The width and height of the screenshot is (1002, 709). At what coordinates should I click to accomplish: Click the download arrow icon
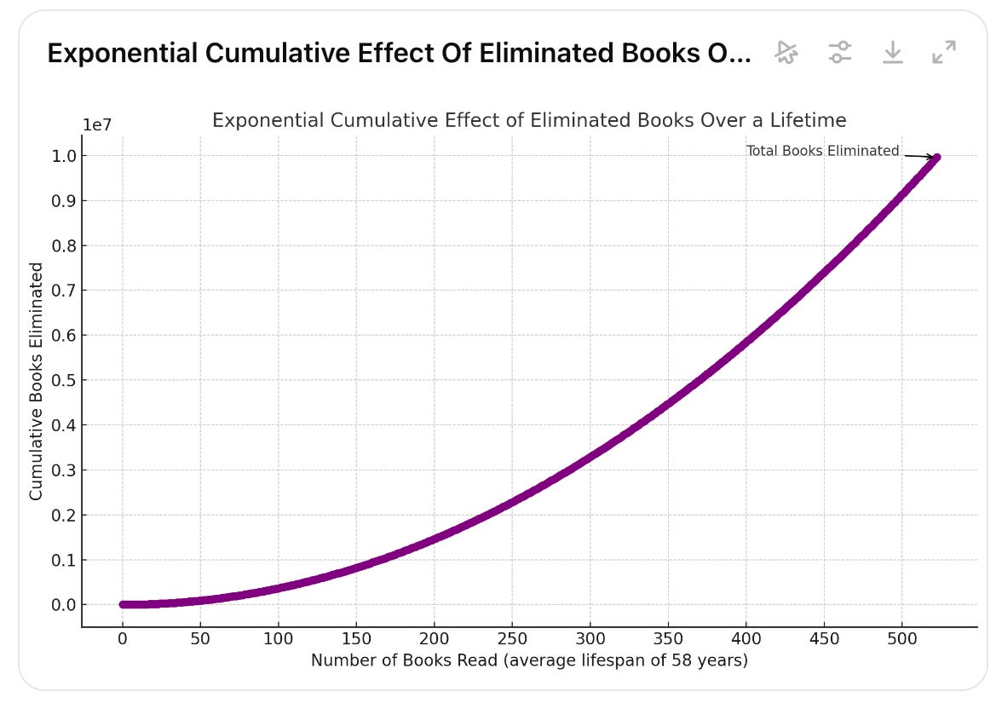click(x=893, y=53)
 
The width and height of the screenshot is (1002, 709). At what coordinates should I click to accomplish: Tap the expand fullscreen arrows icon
click(x=944, y=53)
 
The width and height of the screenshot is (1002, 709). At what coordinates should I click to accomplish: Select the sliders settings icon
click(x=840, y=53)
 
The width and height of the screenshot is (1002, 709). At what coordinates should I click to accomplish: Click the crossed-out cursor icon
click(x=786, y=53)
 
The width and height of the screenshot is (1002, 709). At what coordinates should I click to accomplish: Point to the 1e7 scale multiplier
click(x=97, y=124)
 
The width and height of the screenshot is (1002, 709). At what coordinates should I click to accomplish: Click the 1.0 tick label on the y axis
click(x=64, y=156)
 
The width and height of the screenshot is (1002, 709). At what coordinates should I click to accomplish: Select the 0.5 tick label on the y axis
click(x=64, y=380)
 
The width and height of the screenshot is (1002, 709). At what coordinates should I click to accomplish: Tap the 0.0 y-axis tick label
click(x=64, y=605)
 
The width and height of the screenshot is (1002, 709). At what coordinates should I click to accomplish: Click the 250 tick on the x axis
click(x=513, y=638)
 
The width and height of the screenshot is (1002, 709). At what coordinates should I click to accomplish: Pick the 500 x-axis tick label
click(x=902, y=638)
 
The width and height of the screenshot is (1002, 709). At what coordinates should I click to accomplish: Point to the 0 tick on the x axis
click(x=123, y=638)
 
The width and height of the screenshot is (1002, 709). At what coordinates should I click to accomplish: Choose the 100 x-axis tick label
click(x=279, y=638)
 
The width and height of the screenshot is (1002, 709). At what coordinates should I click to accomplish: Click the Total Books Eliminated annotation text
click(x=823, y=151)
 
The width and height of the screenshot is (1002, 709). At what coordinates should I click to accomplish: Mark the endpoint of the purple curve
click(x=937, y=158)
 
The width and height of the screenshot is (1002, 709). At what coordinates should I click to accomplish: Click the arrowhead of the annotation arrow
click(x=934, y=158)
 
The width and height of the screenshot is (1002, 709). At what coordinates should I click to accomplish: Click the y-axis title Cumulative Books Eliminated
click(x=36, y=381)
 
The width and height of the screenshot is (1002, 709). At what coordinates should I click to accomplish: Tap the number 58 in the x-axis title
click(x=682, y=660)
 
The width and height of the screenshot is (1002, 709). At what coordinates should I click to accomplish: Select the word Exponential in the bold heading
click(x=122, y=54)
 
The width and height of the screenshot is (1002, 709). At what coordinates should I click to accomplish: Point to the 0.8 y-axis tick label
click(x=64, y=246)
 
